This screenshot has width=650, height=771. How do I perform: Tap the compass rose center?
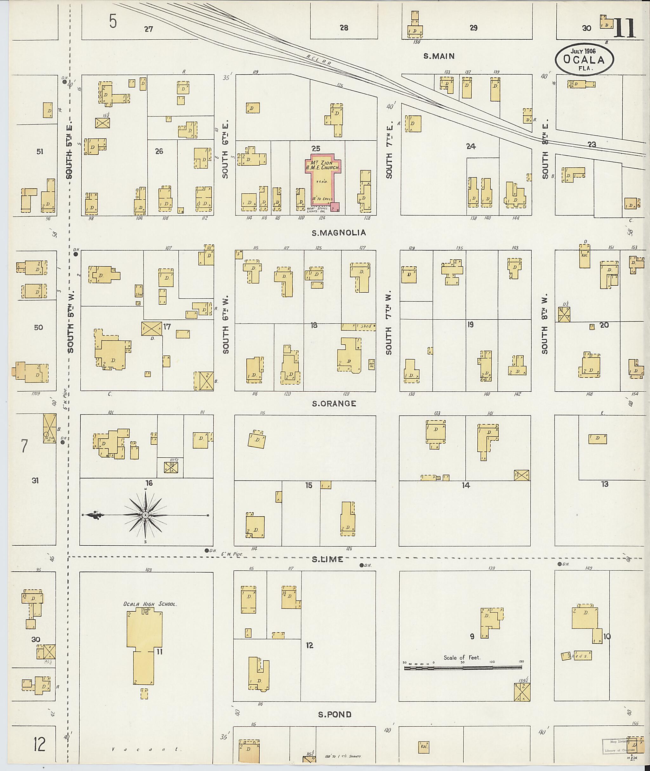146,515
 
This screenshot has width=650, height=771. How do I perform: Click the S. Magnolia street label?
339,233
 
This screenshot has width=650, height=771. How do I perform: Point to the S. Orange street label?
334,403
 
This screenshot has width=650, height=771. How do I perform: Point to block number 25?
315,149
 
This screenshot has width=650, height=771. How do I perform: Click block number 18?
314,325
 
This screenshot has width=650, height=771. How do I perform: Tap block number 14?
466,485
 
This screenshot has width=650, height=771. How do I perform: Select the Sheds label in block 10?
577,656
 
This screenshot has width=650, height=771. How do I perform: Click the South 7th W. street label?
389,324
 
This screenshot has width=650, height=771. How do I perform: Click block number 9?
472,636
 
